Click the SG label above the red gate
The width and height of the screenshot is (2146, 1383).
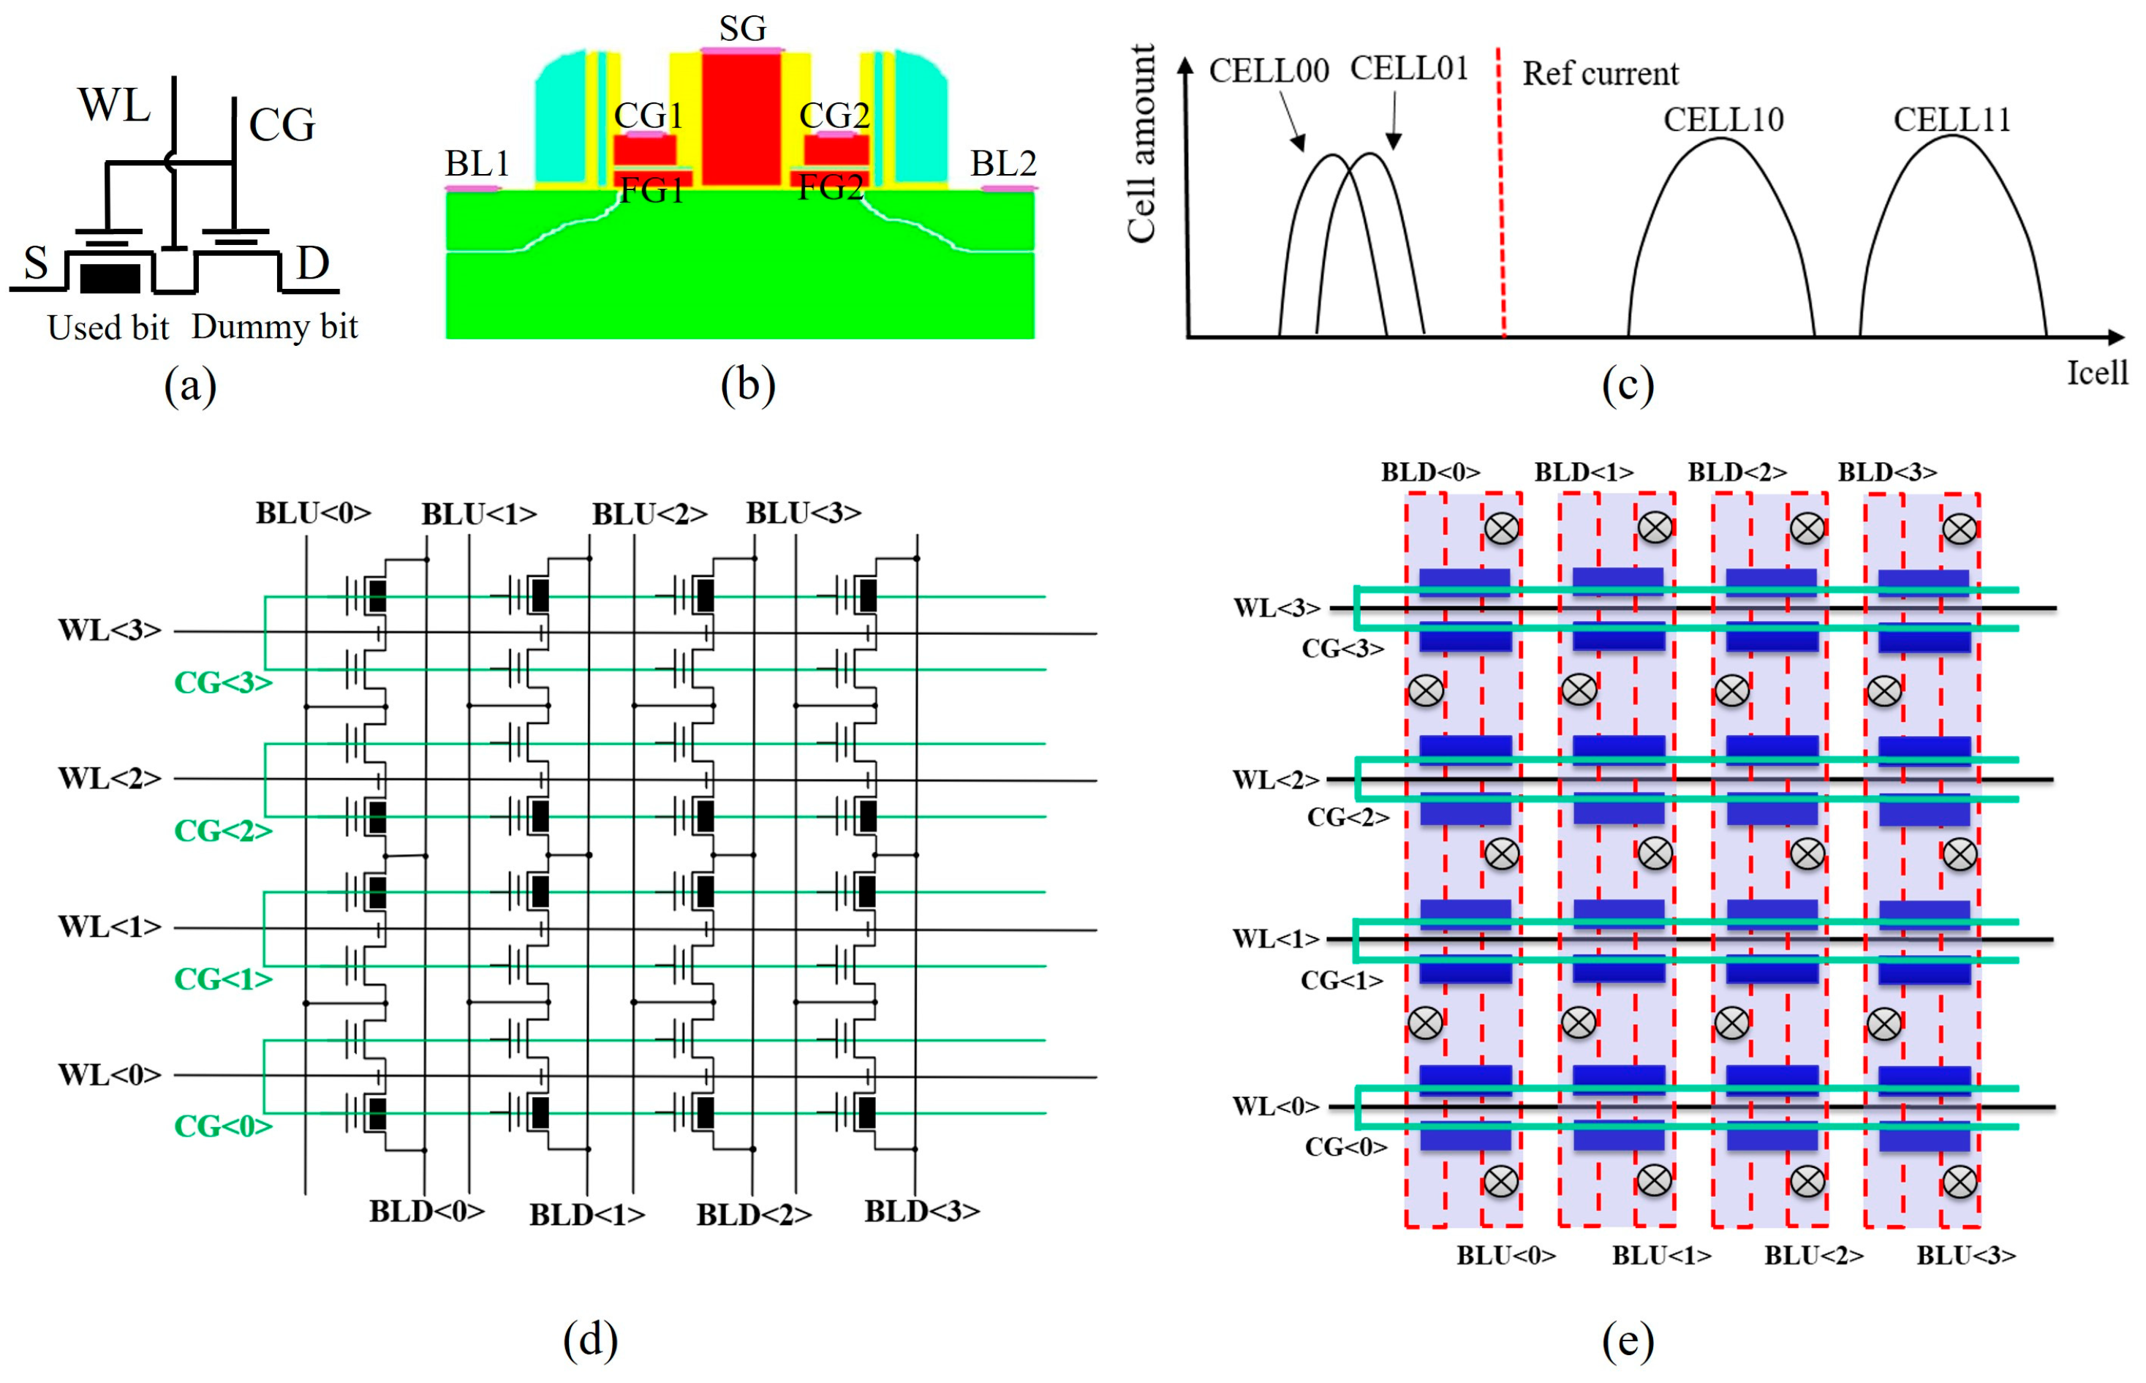[x=743, y=29]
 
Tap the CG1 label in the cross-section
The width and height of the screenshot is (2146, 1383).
[x=649, y=116]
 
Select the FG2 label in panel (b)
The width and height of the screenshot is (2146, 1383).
[x=831, y=188]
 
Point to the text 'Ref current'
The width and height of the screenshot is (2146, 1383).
[x=1599, y=74]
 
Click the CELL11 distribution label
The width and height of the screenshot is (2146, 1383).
[x=1952, y=119]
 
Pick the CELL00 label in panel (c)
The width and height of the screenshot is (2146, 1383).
[x=1268, y=71]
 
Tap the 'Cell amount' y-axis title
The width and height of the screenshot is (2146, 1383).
[x=1141, y=143]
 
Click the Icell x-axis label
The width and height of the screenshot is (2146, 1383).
[x=2096, y=373]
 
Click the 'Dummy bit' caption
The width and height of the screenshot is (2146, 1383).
[x=274, y=327]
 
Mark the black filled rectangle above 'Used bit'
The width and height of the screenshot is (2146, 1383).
[x=110, y=279]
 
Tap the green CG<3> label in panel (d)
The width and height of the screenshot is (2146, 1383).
[x=223, y=683]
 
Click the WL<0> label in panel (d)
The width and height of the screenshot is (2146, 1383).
[x=110, y=1074]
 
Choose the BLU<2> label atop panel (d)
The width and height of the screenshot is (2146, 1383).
[x=649, y=513]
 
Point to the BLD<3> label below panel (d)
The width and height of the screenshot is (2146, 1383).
[x=921, y=1211]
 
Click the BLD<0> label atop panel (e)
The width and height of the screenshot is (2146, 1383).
[x=1429, y=472]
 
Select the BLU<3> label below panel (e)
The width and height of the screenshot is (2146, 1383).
[x=1965, y=1256]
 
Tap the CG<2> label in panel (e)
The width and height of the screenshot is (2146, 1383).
[x=1347, y=817]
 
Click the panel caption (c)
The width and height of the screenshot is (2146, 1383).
[x=1627, y=386]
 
